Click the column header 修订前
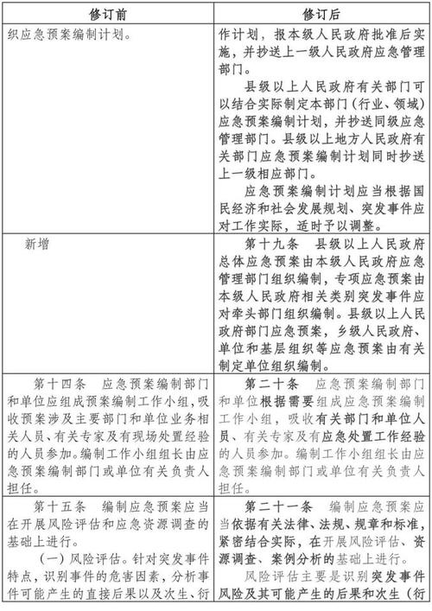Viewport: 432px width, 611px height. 106,15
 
